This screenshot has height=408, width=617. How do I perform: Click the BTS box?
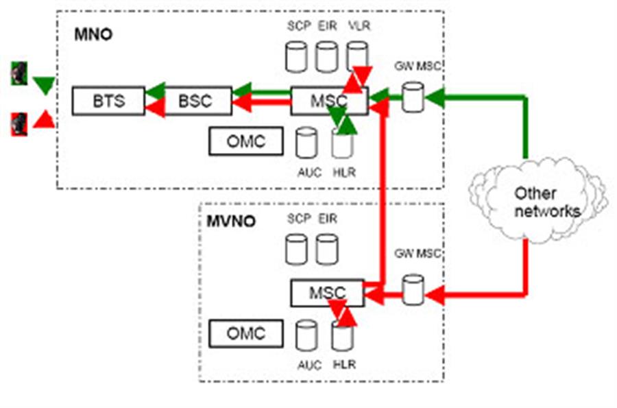click(109, 101)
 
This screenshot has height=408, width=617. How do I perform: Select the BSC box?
click(195, 101)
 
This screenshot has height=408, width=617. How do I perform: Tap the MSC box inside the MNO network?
click(322, 101)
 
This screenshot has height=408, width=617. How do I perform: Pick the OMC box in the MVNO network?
click(245, 334)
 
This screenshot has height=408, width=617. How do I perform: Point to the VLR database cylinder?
click(356, 56)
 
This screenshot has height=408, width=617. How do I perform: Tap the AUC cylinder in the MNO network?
click(306, 143)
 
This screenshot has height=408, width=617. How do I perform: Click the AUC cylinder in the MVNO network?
click(306, 337)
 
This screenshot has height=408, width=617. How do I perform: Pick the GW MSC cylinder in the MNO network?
click(412, 97)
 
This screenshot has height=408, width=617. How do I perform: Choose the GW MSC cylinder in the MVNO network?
click(412, 290)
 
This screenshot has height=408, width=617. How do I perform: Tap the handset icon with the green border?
click(19, 74)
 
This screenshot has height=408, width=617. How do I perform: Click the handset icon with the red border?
click(19, 124)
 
